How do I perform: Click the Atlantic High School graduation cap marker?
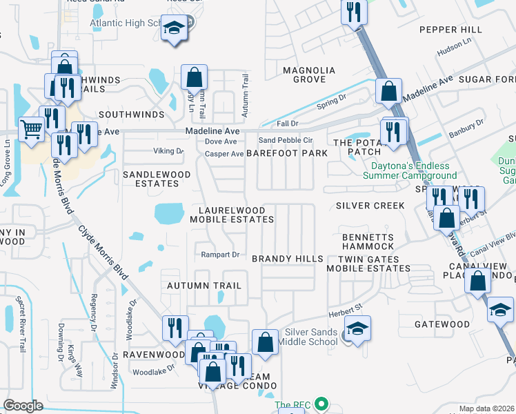[x=173, y=28]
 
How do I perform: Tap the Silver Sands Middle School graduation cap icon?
[x=357, y=329]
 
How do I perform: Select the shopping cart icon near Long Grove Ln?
[x=32, y=128]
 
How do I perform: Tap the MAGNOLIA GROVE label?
[x=309, y=75]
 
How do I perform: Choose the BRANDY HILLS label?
[x=287, y=258]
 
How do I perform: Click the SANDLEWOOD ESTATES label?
[x=150, y=179]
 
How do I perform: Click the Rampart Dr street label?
[x=219, y=255]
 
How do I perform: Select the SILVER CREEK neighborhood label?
[x=370, y=206]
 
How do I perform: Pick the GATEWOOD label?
[x=442, y=324]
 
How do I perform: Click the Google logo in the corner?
[x=23, y=405]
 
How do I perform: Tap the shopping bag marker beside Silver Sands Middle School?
[x=264, y=341]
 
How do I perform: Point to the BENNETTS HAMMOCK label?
[x=368, y=242]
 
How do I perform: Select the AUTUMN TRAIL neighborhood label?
[x=204, y=285]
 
